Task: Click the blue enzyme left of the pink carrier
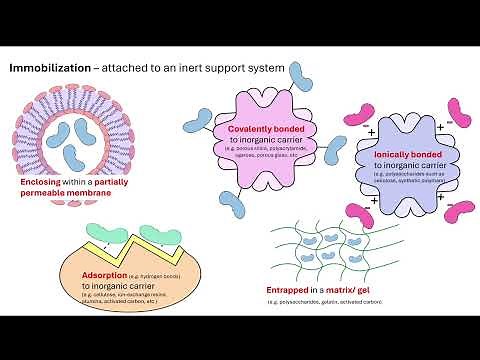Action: [197, 124]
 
